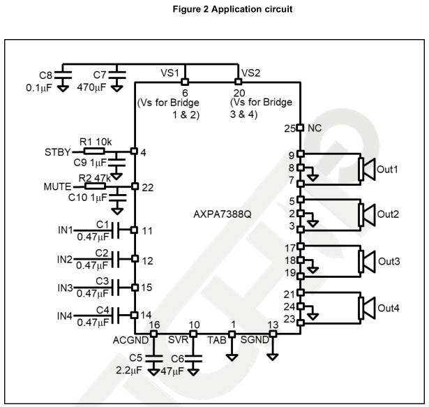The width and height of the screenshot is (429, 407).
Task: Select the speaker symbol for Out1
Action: [366, 169]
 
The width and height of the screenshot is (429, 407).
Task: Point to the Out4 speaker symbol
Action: [366, 307]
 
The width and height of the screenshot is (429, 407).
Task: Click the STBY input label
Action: [58, 151]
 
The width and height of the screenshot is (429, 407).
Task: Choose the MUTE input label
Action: [58, 187]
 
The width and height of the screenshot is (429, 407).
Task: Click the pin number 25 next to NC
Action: [289, 128]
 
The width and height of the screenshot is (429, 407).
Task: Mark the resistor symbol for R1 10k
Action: [93, 151]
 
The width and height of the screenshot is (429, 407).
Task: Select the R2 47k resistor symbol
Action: [93, 187]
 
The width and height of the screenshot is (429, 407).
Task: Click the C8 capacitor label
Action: [45, 75]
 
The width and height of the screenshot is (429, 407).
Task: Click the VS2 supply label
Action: [250, 73]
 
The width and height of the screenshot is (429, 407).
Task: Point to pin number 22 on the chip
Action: [146, 187]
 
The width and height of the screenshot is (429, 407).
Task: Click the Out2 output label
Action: [390, 214]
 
